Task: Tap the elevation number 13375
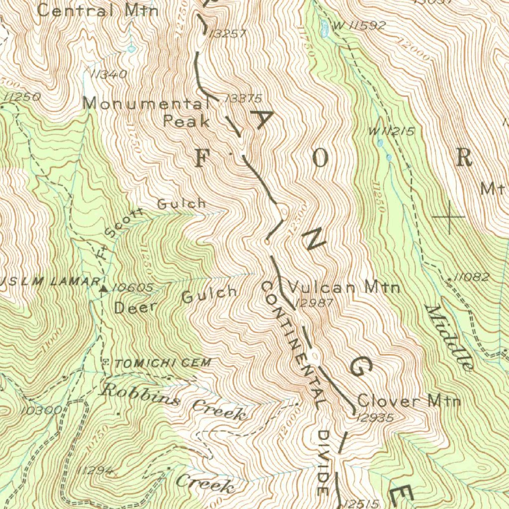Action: click(243, 98)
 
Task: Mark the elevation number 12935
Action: click(375, 418)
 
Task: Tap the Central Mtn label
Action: click(98, 10)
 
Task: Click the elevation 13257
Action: click(228, 34)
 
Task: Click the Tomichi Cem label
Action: click(162, 363)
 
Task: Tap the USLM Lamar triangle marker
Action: click(104, 288)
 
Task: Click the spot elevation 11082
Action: click(472, 278)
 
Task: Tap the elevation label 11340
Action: click(109, 75)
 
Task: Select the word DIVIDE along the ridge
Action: click(323, 462)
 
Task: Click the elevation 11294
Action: click(95, 470)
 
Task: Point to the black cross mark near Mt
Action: click(449, 217)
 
